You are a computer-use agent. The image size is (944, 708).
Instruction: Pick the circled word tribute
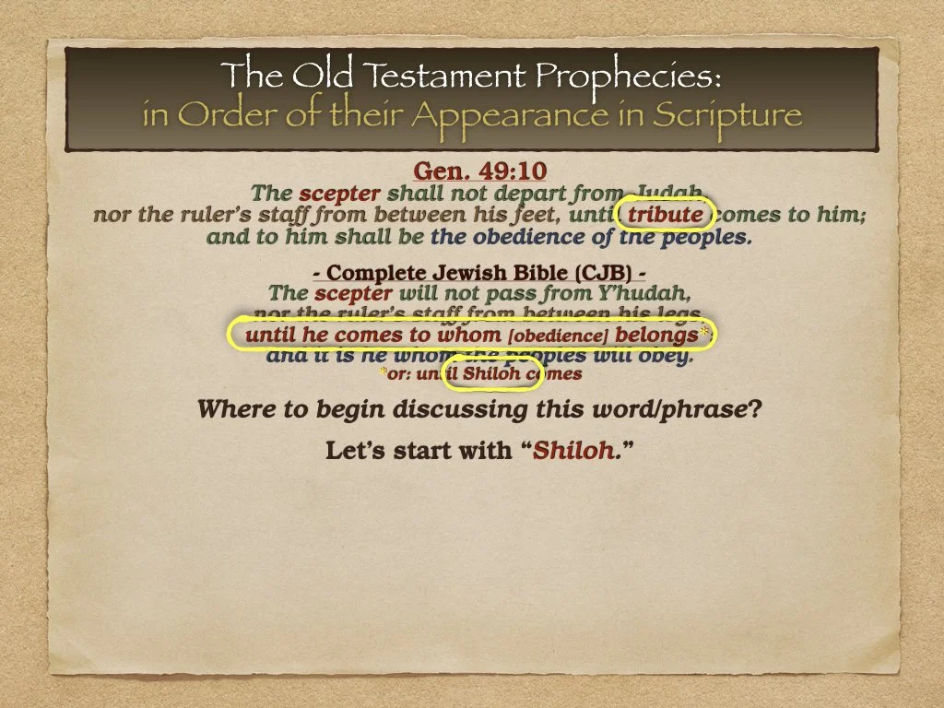[x=665, y=215]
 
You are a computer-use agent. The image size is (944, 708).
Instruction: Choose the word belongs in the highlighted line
[x=657, y=335]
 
